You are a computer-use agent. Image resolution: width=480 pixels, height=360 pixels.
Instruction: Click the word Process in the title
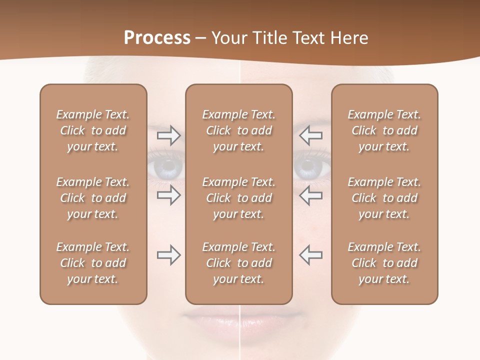pos(157,38)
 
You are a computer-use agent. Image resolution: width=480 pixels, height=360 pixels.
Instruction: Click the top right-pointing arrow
pos(168,135)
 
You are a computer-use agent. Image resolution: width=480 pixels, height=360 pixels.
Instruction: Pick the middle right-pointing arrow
pos(168,195)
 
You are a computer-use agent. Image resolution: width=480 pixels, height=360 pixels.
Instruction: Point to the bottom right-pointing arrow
pos(168,255)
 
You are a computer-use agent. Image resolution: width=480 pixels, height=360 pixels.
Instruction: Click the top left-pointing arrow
pos(310,135)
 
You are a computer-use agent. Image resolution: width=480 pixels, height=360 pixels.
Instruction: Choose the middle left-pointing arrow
pos(310,195)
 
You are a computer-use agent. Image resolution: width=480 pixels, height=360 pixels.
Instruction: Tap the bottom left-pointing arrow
pos(310,255)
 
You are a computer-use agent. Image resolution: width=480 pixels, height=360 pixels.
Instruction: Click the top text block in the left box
pos(93,130)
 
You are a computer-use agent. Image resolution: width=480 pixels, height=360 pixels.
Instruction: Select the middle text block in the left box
pos(93,198)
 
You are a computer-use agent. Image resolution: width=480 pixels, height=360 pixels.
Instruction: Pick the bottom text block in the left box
pos(93,263)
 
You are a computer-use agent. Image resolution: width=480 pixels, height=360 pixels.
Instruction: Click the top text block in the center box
pos(238,130)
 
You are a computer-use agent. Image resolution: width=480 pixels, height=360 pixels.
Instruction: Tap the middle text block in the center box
pos(238,198)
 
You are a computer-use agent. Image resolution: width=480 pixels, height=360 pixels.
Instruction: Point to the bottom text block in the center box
pos(238,263)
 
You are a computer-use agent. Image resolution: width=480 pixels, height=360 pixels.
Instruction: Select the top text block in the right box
pos(384,130)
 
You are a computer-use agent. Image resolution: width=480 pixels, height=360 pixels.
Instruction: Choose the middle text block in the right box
pos(384,198)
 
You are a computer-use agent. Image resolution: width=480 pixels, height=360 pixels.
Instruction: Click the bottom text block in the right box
pos(384,263)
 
